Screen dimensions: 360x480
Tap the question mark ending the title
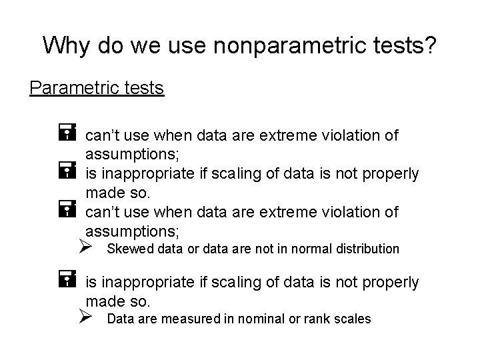coord(429,45)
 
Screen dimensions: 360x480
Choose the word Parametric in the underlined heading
coord(73,88)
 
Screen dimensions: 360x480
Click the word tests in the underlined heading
coord(142,88)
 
